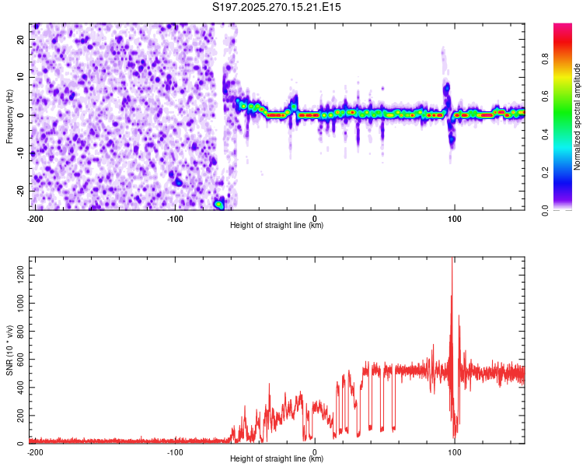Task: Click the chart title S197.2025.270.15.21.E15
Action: click(x=277, y=7)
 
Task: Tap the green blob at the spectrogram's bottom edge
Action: click(x=219, y=205)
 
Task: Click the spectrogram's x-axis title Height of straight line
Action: click(x=277, y=226)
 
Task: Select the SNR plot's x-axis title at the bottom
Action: click(x=277, y=459)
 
